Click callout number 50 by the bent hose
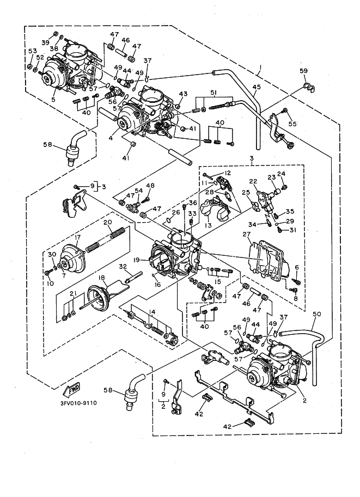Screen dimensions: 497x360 (317, 314)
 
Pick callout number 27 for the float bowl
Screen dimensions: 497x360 (246, 235)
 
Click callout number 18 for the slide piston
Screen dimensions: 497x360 (102, 278)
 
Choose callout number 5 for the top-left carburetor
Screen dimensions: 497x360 (53, 100)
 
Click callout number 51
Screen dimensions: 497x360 (213, 92)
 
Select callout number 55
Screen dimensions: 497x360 (292, 124)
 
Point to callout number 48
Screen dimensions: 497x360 (150, 186)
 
